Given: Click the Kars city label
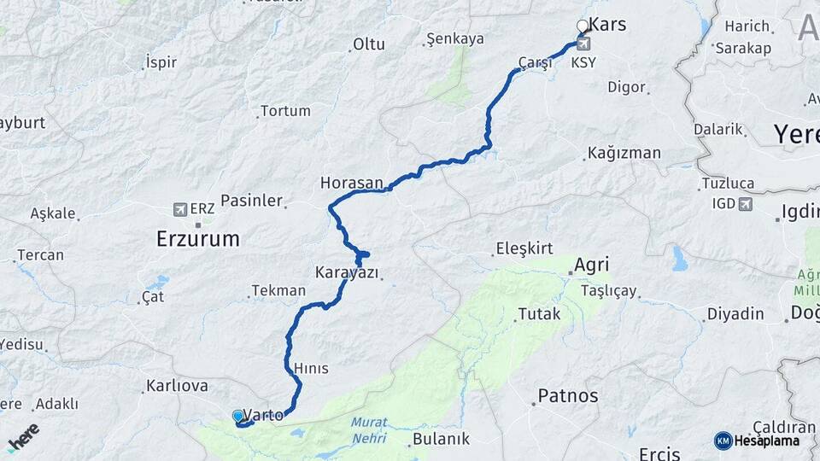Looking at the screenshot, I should coord(607,25).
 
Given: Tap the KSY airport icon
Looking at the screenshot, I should coord(583,44).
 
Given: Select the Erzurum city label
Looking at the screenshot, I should coord(198,239).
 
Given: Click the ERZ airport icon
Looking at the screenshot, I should coord(179,208).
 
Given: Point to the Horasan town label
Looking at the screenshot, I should coord(352,183).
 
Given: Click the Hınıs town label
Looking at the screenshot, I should coord(311,368).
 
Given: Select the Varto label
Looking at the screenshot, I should coord(265,416).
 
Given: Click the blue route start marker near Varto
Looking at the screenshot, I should coord(238,416).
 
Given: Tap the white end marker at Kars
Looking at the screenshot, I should coord(583,26).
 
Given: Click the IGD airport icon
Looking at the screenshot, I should coord(746,203).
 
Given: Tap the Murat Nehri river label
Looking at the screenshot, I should coord(368,429).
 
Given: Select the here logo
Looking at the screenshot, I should coord(23,436).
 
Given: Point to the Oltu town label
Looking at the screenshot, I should coord(369,44).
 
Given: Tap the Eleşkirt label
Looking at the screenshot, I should coord(524,249).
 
